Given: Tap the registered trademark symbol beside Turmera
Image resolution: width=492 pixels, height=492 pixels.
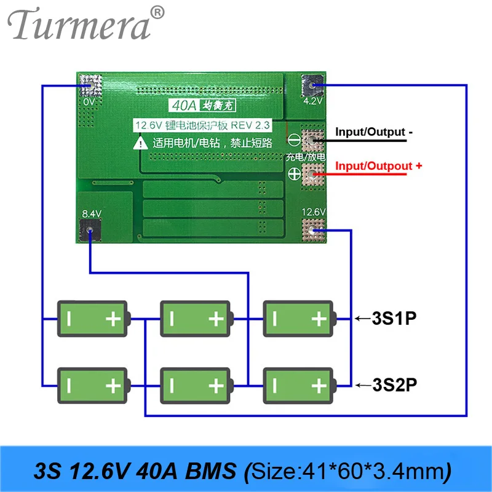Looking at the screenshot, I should coord(158,12).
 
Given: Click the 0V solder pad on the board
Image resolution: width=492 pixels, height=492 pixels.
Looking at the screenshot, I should coord(90,84).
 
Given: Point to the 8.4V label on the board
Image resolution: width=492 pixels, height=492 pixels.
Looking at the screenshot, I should coord(90,213).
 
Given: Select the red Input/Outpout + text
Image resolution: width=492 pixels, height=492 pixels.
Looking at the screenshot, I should coord(378,166).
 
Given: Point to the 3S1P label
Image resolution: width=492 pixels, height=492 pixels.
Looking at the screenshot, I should coord(394,319).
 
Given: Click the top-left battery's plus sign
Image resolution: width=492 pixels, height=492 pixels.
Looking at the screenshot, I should coord(113,319).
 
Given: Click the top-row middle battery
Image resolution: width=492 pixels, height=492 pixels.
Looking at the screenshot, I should coord(196,319).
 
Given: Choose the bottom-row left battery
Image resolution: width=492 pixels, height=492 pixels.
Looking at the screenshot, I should coord(93,386).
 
